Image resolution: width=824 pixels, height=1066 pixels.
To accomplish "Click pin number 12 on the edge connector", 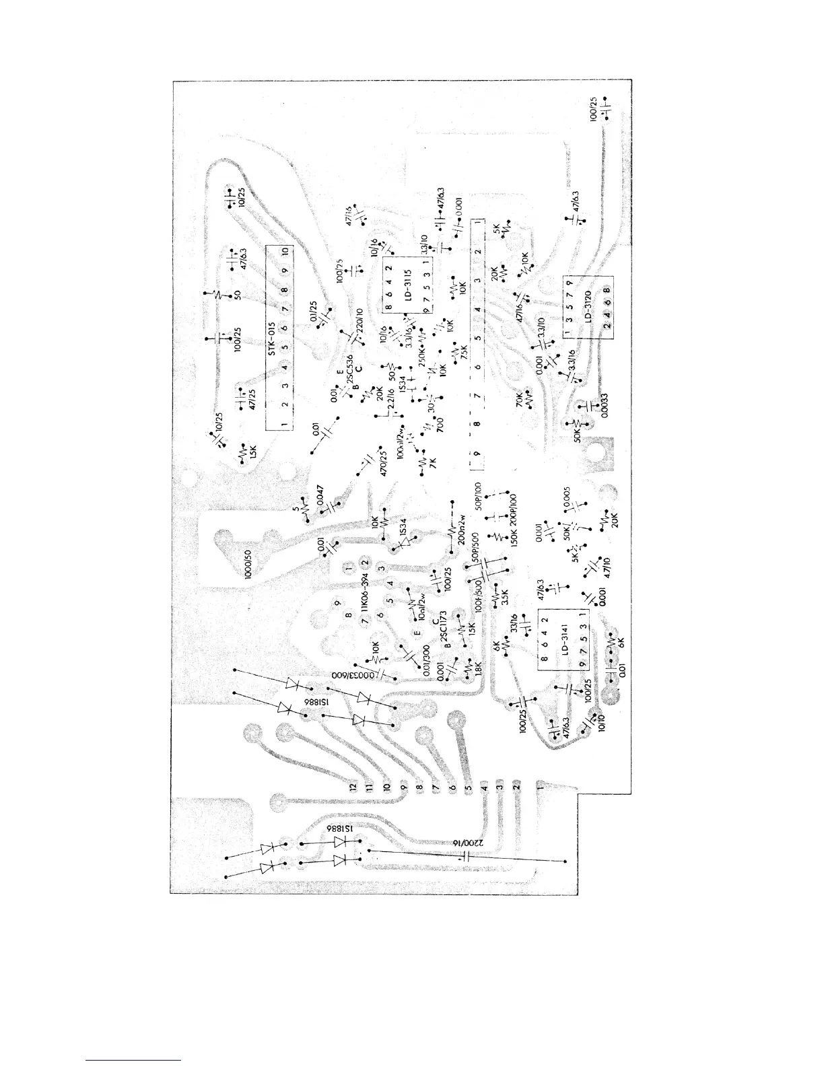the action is coord(351,785).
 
